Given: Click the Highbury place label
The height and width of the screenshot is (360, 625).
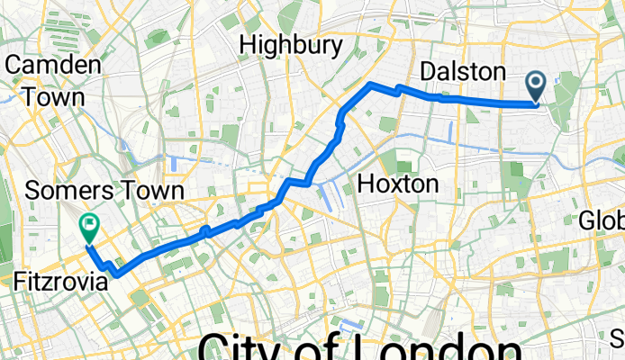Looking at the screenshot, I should [x=292, y=45].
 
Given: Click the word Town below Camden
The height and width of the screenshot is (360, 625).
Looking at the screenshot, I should [x=55, y=95].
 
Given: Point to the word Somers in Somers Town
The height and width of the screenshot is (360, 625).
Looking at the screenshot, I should [x=64, y=191].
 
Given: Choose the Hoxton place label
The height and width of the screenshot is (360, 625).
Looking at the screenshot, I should [x=398, y=184].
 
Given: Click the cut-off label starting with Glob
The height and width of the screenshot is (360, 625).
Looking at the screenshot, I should [x=602, y=220].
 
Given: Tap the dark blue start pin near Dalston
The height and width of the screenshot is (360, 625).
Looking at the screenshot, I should [x=536, y=87].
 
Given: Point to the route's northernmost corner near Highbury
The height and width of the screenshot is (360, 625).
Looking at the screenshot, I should [x=371, y=84].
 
